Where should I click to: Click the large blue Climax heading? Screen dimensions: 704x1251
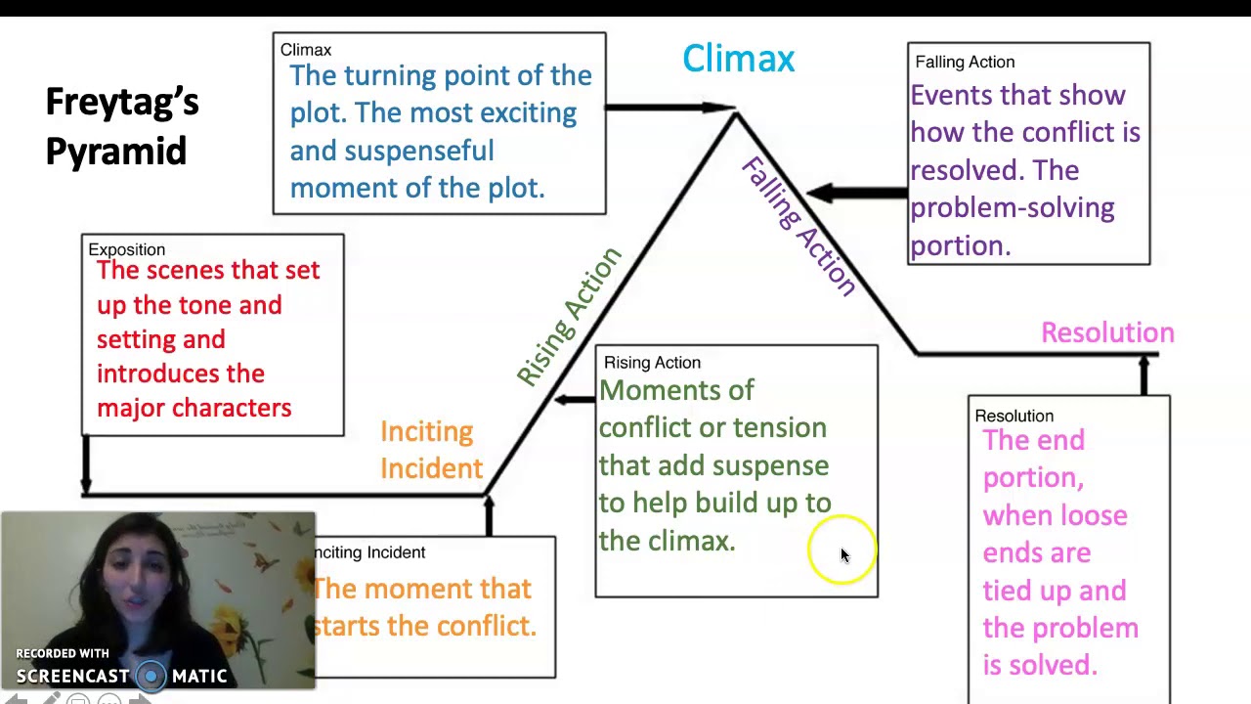[738, 59]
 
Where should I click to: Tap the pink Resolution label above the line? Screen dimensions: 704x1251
[1106, 332]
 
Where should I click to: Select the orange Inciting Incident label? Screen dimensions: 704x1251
[430, 450]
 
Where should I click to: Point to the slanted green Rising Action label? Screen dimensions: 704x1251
[569, 316]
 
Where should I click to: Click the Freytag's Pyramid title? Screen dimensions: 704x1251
[122, 126]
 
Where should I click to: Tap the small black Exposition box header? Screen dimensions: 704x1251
[126, 249]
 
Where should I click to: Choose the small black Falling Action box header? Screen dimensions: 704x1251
[964, 62]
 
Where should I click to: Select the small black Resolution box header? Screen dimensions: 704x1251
[1014, 416]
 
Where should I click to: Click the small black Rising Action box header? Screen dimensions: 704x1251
[652, 363]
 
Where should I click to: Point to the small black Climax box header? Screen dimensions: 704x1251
[305, 50]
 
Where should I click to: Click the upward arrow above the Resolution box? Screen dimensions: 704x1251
[1143, 374]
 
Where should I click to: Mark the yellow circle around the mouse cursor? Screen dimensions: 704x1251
[841, 551]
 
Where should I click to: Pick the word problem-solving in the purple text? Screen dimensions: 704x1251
[1012, 207]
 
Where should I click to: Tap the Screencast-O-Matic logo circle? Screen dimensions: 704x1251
[151, 676]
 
